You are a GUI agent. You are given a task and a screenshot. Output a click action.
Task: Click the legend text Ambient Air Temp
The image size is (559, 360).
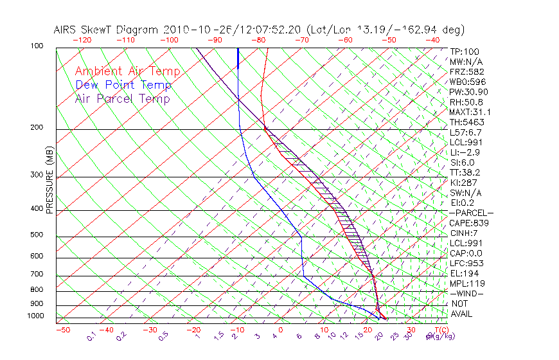[127, 71]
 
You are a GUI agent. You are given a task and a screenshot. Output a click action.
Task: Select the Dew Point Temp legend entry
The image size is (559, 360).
[123, 85]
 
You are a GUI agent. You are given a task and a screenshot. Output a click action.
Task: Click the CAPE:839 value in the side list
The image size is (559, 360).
[469, 223]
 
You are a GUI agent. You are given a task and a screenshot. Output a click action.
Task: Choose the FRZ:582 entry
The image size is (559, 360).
[466, 72]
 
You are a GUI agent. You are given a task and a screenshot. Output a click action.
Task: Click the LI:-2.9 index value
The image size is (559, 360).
[465, 152]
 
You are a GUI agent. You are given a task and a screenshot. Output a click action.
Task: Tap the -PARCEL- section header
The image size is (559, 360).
[471, 213]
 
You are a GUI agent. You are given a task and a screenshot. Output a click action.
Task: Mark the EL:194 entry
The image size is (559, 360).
[464, 273]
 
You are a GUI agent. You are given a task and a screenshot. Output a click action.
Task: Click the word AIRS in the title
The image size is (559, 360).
[66, 30]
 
